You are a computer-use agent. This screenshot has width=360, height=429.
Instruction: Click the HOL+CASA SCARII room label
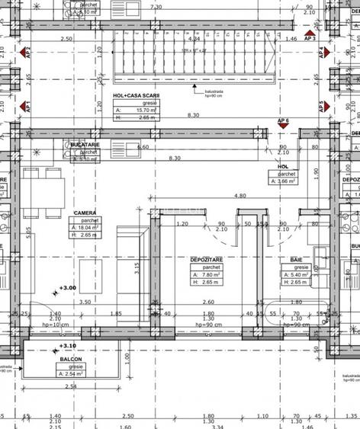136,95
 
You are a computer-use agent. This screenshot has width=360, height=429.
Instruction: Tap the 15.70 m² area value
140,109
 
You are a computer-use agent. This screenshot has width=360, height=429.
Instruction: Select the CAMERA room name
84,213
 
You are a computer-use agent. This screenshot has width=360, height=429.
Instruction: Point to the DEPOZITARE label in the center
205,260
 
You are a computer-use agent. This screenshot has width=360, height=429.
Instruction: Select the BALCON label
70,358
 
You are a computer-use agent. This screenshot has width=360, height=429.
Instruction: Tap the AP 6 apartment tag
283,122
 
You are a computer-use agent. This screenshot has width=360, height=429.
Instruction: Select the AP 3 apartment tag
310,37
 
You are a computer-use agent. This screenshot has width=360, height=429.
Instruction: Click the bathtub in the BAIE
294,312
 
